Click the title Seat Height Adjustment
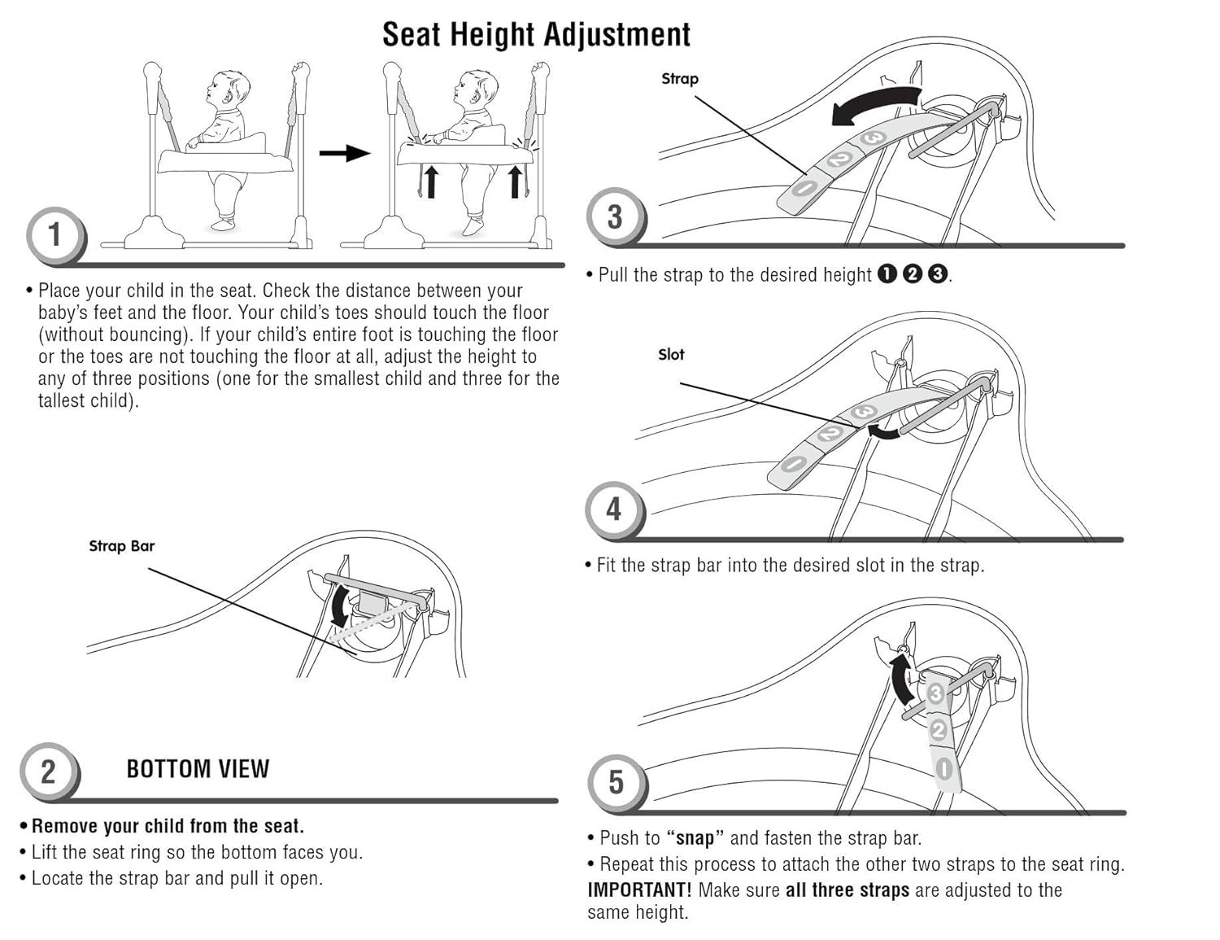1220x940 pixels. tap(536, 34)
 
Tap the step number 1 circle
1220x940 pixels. tap(54, 235)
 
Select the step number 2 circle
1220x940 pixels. tap(49, 771)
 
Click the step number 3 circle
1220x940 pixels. tap(615, 216)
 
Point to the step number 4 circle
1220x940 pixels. tap(614, 509)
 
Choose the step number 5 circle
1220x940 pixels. tap(617, 783)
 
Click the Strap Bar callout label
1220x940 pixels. tap(121, 546)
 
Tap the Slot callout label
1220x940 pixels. tap(671, 354)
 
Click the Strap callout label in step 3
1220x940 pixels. tap(680, 79)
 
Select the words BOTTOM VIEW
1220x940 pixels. tap(198, 769)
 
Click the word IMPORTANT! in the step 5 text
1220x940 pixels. tap(639, 890)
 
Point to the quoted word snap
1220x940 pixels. tap(695, 838)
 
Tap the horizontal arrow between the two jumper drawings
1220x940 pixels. tap(344, 152)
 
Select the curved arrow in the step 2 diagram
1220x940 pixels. tap(340, 606)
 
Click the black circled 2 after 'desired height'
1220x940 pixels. tap(913, 274)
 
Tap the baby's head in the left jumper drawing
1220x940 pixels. tap(229, 88)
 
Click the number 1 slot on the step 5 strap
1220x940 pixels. tap(944, 767)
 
